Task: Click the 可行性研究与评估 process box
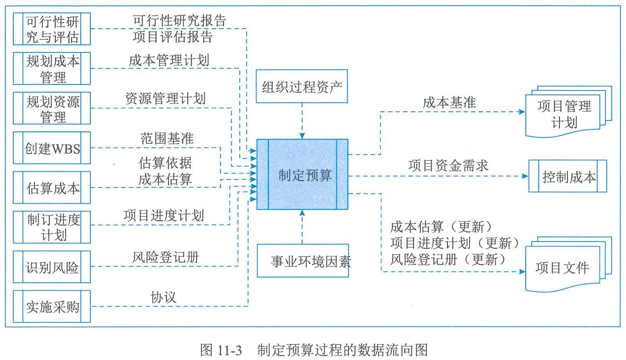point(52,29)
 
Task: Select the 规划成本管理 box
point(52,68)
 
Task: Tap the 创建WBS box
point(52,148)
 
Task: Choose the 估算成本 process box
point(52,188)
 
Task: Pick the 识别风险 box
point(52,267)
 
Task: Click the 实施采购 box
point(52,307)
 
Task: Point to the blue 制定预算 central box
point(302,174)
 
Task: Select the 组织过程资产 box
point(302,87)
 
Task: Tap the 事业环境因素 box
point(303,261)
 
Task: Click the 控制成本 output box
point(568,176)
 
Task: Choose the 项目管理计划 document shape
point(569,112)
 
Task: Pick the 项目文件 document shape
point(569,264)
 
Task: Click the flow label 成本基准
point(449,103)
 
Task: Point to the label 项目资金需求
point(448,166)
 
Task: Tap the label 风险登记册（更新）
point(448,259)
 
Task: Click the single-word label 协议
point(163,297)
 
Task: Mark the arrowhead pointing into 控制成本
point(525,176)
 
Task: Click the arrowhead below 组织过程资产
point(302,136)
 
